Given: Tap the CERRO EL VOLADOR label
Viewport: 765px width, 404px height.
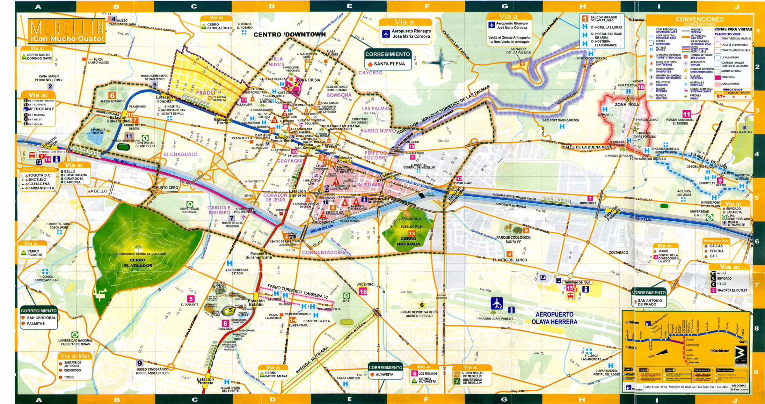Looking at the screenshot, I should pos(138,263).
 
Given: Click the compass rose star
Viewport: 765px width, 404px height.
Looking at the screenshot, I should pos(441,62).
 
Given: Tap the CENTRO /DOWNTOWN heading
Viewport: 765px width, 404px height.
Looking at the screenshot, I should pos(289,34).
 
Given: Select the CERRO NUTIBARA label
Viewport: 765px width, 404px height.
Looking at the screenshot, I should pos(408,241).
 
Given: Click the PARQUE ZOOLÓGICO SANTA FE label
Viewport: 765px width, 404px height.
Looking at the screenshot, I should pos(513,239).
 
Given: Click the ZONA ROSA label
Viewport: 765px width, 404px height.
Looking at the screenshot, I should pos(626,104).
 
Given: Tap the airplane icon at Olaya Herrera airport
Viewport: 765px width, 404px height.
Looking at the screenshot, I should pos(497,303).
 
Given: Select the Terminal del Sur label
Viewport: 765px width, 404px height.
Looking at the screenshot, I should pos(577,282).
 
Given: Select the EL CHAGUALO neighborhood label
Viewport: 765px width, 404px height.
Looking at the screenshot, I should pos(180,154).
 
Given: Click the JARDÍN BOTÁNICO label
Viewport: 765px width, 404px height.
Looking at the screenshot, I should pos(112,101).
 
